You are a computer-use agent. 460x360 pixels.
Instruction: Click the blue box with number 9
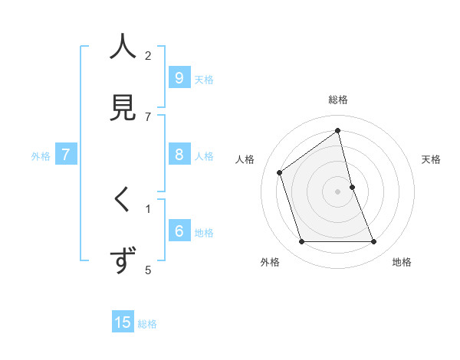179,78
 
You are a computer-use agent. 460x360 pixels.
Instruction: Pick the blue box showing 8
179,155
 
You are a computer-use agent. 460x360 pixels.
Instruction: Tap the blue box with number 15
123,322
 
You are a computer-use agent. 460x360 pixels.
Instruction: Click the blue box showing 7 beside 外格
66,155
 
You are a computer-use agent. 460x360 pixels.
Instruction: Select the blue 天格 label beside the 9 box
204,80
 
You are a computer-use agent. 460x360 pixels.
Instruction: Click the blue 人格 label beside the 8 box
204,156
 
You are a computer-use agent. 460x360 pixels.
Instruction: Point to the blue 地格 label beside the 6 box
204,233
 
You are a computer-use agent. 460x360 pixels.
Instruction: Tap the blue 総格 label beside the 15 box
147,324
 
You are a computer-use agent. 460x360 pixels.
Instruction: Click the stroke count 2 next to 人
148,56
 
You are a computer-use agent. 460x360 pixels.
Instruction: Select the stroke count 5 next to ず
148,270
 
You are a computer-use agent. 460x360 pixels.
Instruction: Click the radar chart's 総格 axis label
338,100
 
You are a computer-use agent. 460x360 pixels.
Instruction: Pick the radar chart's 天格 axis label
431,159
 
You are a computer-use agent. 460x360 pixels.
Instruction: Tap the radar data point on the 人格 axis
280,172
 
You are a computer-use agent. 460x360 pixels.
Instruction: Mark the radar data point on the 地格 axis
374,242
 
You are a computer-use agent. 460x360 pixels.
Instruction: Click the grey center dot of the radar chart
338,191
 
